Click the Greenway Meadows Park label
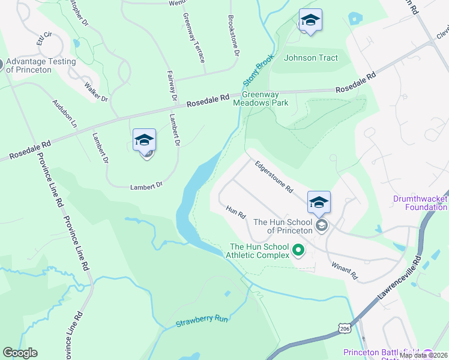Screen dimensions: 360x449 coord(265,98)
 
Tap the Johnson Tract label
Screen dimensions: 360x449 coord(311,58)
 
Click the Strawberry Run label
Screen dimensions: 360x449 coord(202,321)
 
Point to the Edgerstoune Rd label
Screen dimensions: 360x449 coord(273,176)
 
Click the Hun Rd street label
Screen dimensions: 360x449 coord(237,212)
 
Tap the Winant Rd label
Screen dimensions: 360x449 coord(345,271)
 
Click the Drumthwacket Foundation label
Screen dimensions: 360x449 coord(420,203)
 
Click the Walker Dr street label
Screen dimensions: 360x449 coord(96,92)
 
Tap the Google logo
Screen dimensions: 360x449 coord(20,353)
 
